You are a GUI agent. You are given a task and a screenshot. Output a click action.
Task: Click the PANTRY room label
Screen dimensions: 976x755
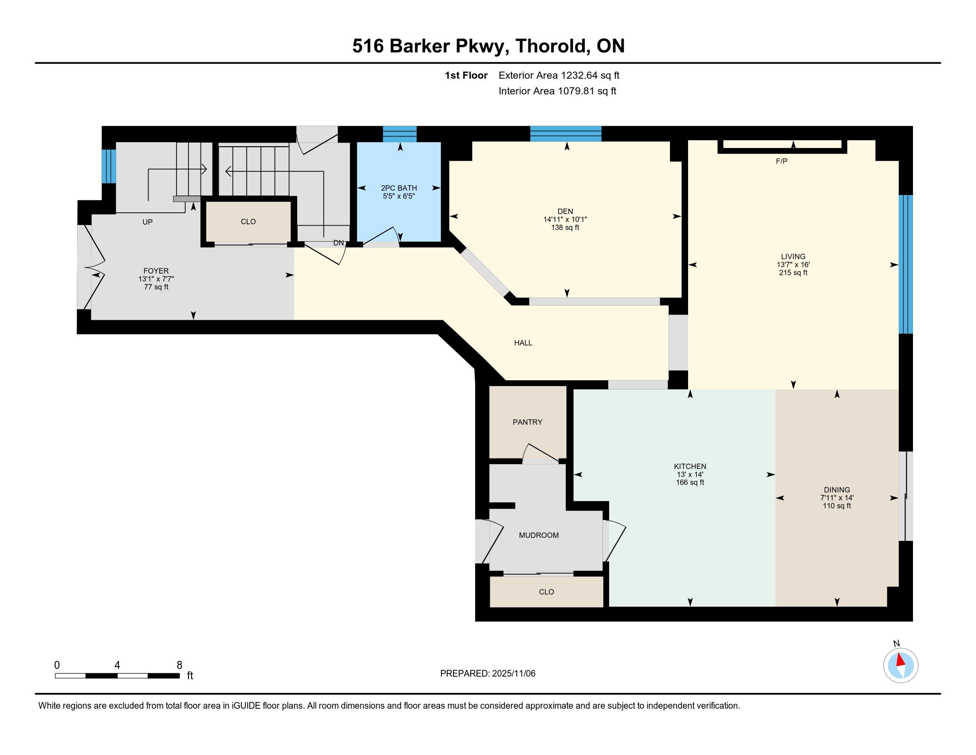pyautogui.click(x=527, y=422)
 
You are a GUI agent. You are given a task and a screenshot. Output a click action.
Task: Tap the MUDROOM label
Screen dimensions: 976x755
pyautogui.click(x=539, y=536)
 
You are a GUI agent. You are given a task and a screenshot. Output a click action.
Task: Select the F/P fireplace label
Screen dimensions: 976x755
pyautogui.click(x=782, y=161)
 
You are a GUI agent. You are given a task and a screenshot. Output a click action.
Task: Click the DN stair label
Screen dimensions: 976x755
pyautogui.click(x=339, y=243)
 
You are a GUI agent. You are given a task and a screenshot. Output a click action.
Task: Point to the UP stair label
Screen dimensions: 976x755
pyautogui.click(x=147, y=222)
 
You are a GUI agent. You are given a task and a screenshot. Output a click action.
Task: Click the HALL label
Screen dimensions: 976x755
pyautogui.click(x=523, y=343)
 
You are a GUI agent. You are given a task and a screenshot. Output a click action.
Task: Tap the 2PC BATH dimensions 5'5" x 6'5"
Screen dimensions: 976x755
pyautogui.click(x=399, y=196)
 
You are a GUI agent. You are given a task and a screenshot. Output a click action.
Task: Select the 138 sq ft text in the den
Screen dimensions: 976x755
pyautogui.click(x=565, y=228)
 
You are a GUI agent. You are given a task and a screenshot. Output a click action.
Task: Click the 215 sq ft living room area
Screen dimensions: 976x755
pyautogui.click(x=793, y=273)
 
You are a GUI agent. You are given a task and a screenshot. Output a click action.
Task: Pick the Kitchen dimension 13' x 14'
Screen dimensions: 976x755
pyautogui.click(x=690, y=475)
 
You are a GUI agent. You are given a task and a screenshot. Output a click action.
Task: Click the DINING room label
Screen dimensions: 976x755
pyautogui.click(x=837, y=490)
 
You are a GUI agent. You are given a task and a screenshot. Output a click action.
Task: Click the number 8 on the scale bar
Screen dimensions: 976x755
pyautogui.click(x=179, y=665)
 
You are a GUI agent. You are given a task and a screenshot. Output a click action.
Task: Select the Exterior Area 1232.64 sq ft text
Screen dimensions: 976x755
pyautogui.click(x=559, y=75)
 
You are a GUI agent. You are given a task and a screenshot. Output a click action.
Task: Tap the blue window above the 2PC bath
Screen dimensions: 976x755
pyautogui.click(x=400, y=134)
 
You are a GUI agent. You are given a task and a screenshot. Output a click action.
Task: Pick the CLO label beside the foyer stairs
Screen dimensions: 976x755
pyautogui.click(x=248, y=222)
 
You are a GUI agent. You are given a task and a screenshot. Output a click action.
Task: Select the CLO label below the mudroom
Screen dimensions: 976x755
pyautogui.click(x=546, y=592)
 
